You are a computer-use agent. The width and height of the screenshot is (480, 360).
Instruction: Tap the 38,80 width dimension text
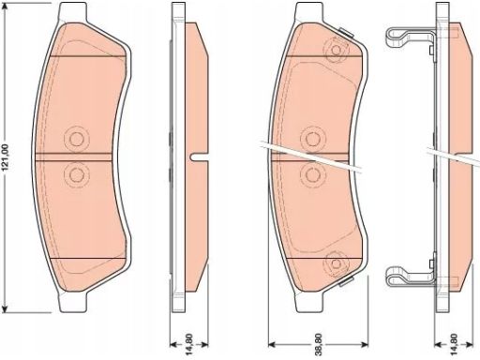coord(318,344)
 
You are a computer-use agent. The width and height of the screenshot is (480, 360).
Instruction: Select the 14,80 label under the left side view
coord(189,344)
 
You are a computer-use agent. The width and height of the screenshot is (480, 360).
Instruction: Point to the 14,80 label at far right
coord(455,344)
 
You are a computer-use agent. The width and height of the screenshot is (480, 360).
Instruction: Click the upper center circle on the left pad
coord(76,139)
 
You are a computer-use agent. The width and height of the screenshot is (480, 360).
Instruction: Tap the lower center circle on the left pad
coord(76,174)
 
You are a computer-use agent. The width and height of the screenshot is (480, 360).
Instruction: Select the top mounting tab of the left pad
coord(73,11)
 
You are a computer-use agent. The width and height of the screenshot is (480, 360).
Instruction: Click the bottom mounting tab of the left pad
coord(73,302)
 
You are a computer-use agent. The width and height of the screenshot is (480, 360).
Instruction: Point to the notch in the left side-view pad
coord(199,157)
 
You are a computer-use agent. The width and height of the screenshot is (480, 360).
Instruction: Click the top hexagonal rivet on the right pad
coord(337,50)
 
